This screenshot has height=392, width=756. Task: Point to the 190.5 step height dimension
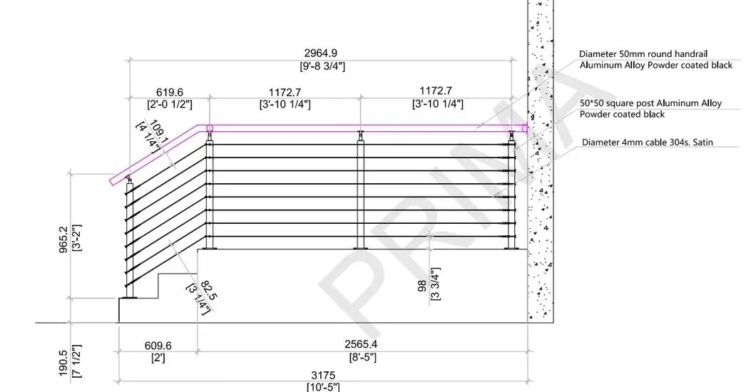tap(63, 362)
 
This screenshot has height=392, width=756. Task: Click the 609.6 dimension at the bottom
tap(158, 346)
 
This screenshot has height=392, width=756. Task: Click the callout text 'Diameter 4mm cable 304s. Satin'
tap(647, 143)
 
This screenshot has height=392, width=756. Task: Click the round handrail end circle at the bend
tap(210, 129)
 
